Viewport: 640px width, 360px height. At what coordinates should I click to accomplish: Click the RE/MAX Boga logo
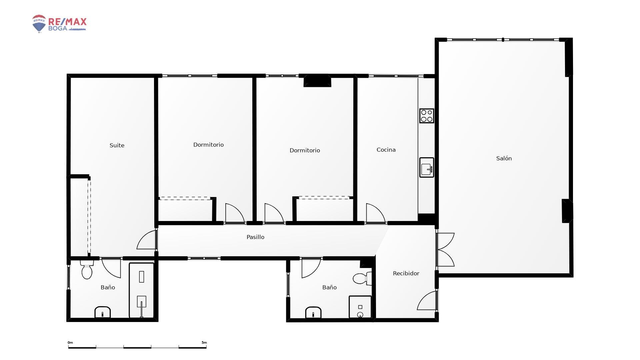[x=59, y=24]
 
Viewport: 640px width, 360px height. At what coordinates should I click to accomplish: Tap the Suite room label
[x=117, y=145]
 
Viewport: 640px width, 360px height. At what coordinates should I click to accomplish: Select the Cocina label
[x=386, y=150]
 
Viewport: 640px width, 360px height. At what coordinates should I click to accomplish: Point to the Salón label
[x=504, y=158]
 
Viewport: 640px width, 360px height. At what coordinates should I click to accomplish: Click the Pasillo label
[x=255, y=237]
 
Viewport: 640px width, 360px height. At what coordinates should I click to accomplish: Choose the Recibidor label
[x=406, y=273]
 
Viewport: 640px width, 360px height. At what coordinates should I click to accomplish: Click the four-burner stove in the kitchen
[x=427, y=116]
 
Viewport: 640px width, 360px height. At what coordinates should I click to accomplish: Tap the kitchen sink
[x=427, y=167]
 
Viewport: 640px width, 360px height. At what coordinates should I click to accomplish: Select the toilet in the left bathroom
[x=87, y=270]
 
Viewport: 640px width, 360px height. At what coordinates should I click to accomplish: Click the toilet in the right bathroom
[x=362, y=278]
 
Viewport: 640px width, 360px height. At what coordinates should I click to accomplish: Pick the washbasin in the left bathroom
[x=103, y=312]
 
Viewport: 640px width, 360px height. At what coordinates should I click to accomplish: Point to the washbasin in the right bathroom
[x=313, y=313]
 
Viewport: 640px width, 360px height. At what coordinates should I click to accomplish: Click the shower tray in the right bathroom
[x=360, y=307]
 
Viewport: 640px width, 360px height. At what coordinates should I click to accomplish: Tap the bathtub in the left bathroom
[x=142, y=290]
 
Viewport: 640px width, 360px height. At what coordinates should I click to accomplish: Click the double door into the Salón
[x=445, y=249]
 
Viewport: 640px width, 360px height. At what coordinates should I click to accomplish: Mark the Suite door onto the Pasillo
[x=147, y=239]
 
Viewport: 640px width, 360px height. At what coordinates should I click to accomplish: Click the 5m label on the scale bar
[x=204, y=343]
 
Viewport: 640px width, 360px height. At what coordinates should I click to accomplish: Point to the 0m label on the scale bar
[x=70, y=343]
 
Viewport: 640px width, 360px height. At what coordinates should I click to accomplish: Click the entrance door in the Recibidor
[x=427, y=300]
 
